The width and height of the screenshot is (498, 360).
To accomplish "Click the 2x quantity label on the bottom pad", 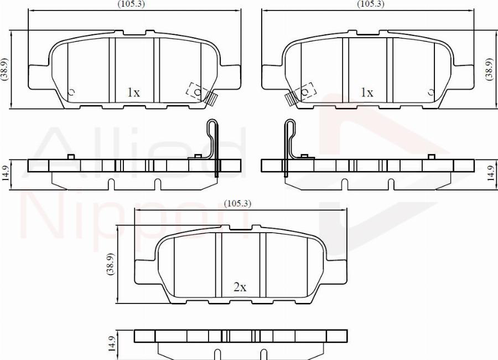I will tap(240, 287).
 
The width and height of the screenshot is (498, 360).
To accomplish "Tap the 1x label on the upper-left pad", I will tap(133, 92).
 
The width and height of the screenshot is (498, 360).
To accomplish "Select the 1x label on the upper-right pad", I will tap(367, 92).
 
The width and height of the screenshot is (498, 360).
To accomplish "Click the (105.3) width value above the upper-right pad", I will tap(371, 4).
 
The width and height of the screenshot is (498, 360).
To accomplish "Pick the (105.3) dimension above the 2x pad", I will tap(238, 203).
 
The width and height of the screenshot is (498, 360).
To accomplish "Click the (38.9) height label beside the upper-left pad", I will tap(4, 70).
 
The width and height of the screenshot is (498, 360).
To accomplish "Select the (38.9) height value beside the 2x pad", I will tap(110, 264).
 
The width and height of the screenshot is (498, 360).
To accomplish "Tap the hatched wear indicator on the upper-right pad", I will tap(290, 99).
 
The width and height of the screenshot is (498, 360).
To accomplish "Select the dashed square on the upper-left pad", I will tap(196, 90).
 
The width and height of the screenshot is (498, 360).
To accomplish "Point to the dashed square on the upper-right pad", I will tap(305, 90).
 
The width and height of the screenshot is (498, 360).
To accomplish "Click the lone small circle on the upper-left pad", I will tap(71, 92).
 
